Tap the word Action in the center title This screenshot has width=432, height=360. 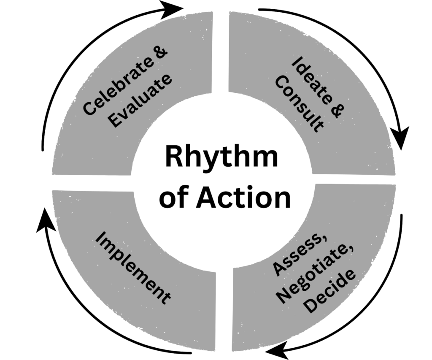[243, 198]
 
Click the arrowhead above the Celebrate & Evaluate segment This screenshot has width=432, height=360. [173, 9]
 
